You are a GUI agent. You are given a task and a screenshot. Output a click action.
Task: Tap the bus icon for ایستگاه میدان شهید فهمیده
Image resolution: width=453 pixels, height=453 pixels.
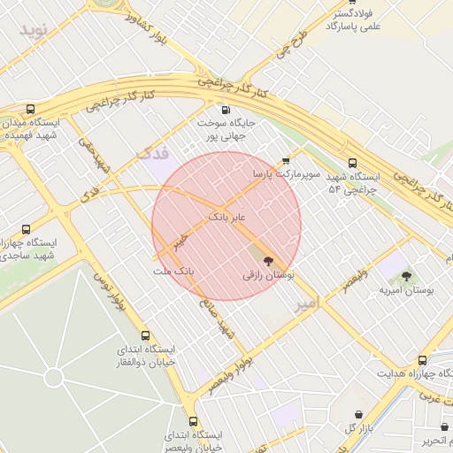31,109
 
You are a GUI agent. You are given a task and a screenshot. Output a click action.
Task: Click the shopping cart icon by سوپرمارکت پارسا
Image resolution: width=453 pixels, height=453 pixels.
285,161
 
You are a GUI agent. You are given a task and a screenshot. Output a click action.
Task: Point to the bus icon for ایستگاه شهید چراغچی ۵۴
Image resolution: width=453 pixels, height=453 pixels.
353,163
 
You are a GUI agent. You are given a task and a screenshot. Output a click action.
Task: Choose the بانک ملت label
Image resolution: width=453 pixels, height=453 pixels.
173,269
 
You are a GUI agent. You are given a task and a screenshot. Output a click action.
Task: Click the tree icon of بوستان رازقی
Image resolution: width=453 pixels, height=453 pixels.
268,260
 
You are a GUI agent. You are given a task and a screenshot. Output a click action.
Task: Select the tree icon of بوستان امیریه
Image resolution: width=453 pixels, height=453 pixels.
406,276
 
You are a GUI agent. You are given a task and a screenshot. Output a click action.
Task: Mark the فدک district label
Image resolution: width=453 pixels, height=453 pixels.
154,155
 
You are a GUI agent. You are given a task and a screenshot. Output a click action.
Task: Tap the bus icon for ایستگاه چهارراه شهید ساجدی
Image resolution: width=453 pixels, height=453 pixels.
25,228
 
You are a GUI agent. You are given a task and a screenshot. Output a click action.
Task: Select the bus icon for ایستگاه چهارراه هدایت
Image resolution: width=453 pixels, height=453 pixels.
422,360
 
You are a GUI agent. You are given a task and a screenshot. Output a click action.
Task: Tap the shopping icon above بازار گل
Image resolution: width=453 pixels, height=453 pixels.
357,414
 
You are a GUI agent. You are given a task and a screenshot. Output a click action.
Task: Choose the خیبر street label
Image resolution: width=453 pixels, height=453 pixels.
181,238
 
